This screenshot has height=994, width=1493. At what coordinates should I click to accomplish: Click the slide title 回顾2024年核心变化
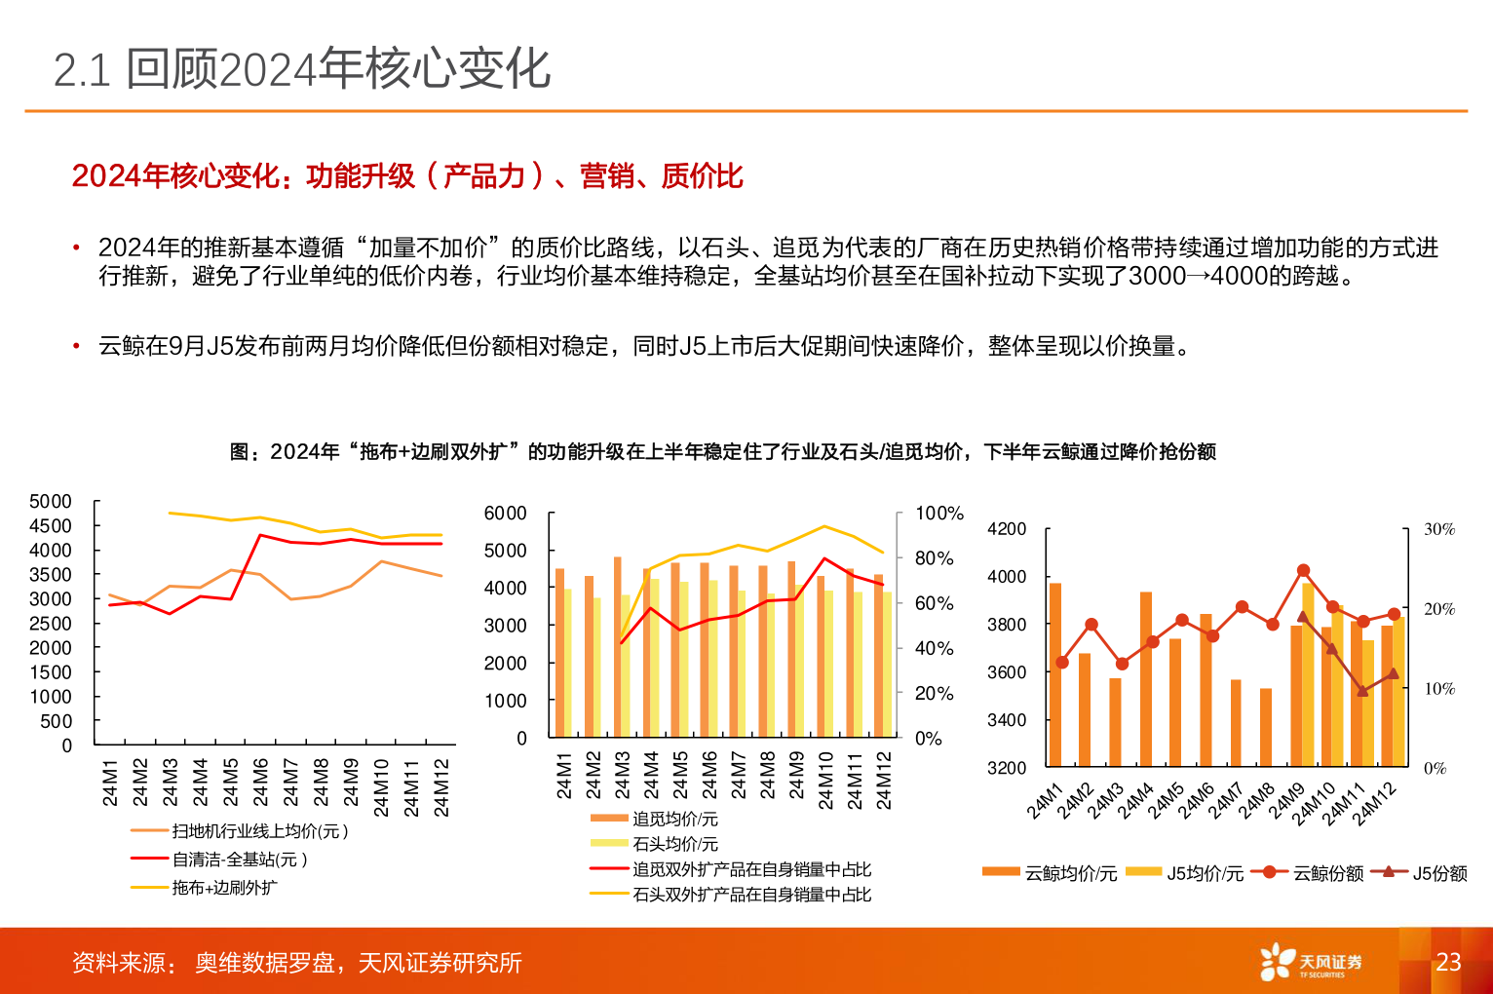click(x=302, y=69)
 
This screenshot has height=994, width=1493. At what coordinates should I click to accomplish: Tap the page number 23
click(x=1448, y=962)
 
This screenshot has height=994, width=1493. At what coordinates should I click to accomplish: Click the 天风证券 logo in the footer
click(x=1311, y=962)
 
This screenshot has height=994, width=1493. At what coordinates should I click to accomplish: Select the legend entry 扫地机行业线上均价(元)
click(x=259, y=831)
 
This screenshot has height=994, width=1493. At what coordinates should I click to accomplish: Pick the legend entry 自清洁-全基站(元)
click(x=240, y=860)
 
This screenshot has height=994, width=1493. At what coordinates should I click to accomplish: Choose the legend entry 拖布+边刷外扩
click(x=224, y=888)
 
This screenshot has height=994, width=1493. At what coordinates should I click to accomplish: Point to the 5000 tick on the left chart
click(x=51, y=502)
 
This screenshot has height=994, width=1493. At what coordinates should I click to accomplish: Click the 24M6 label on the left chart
click(x=260, y=783)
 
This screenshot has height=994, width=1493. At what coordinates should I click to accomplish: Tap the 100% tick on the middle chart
click(x=938, y=514)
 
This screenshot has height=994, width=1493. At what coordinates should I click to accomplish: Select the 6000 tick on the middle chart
click(x=505, y=514)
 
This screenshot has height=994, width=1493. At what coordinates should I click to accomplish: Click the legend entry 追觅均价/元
click(x=674, y=820)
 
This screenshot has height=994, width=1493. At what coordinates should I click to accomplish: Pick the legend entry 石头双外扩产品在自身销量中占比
click(x=751, y=895)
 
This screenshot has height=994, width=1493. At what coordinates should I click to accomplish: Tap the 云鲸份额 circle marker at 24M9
click(x=1303, y=571)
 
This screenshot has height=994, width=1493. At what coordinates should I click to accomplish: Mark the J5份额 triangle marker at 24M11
click(x=1362, y=691)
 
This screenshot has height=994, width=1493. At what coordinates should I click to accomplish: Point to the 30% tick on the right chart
click(x=1438, y=529)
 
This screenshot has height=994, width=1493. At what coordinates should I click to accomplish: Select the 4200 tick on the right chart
click(x=1007, y=529)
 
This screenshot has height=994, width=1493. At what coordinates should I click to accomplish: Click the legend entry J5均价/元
click(x=1205, y=873)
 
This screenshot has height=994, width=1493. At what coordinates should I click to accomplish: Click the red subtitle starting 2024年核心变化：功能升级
click(x=407, y=176)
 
